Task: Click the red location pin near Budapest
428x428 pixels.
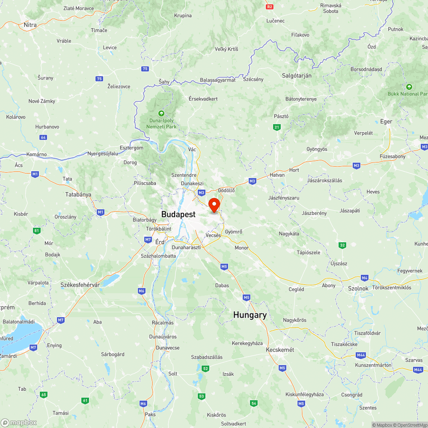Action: (x=214, y=204)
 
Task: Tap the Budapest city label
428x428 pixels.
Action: (x=178, y=214)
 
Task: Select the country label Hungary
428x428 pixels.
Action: (x=250, y=315)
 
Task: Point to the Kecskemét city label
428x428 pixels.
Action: (x=280, y=350)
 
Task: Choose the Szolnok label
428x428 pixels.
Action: (x=359, y=288)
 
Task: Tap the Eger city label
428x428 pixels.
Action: (x=386, y=122)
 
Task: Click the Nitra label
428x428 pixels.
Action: (x=30, y=25)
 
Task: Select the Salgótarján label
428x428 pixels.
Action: (x=297, y=75)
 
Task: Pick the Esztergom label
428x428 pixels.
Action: (x=131, y=148)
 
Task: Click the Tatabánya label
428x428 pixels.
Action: (x=78, y=194)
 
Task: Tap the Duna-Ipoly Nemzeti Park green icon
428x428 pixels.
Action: (x=161, y=113)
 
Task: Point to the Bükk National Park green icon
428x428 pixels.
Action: (x=409, y=87)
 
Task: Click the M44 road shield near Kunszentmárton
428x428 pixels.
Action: (x=361, y=355)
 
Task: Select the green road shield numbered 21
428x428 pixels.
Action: (x=277, y=127)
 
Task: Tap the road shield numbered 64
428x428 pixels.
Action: (x=43, y=137)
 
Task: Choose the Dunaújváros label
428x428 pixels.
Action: (x=162, y=336)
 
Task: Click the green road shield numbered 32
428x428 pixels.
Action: (x=342, y=245)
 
